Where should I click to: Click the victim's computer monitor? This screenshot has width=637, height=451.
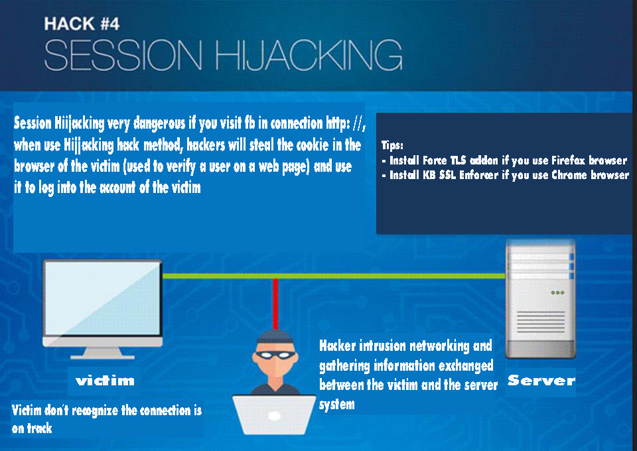coord(102,298)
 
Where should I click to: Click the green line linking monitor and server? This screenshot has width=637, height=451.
coord(332,275)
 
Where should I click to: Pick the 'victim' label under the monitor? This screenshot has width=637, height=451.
coord(105,381)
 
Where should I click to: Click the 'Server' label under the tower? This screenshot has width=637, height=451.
coord(541,381)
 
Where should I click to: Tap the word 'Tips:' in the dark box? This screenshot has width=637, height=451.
coord(392,145)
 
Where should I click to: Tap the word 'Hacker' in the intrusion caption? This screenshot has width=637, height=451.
coord(337,346)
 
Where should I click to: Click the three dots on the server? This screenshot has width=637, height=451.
coord(557,292)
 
